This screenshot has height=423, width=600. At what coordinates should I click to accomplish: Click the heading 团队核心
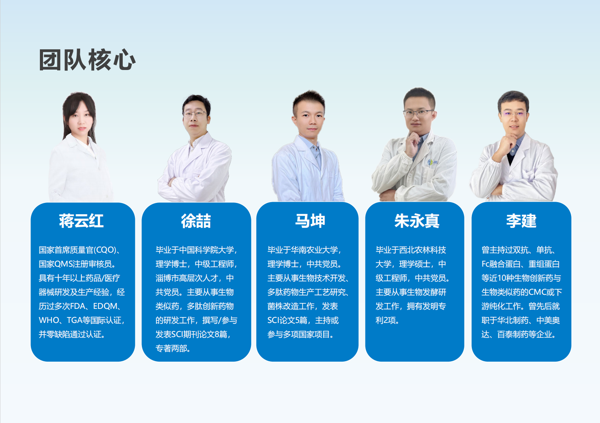[x=87, y=60]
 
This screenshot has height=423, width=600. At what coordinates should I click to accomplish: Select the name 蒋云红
[x=81, y=221]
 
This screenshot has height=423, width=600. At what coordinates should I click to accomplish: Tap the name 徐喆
[x=196, y=221]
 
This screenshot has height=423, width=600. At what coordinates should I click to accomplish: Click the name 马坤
[x=310, y=221]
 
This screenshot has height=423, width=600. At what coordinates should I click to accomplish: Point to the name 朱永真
[x=417, y=221]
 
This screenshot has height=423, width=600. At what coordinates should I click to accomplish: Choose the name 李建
[x=521, y=221]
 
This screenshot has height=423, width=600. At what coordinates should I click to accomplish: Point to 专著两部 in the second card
[x=171, y=348]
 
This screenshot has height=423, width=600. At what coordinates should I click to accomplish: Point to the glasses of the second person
[x=195, y=114]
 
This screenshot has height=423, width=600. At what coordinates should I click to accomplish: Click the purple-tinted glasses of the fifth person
[x=514, y=114]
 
